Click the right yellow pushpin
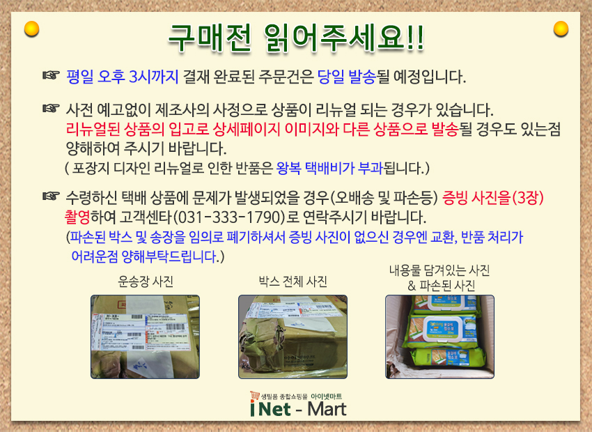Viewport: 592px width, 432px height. [x=561, y=29]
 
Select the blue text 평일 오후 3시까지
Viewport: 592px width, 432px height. [x=122, y=76]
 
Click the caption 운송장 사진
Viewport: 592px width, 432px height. [x=145, y=281]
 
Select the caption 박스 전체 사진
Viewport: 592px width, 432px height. [x=293, y=281]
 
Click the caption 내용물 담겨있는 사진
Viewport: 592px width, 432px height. [x=440, y=270]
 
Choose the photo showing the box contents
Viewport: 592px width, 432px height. [x=439, y=337]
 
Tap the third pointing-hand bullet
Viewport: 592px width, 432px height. [x=51, y=197]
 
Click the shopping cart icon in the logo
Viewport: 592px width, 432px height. [x=255, y=396]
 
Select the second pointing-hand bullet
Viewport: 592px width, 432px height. [x=51, y=110]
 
